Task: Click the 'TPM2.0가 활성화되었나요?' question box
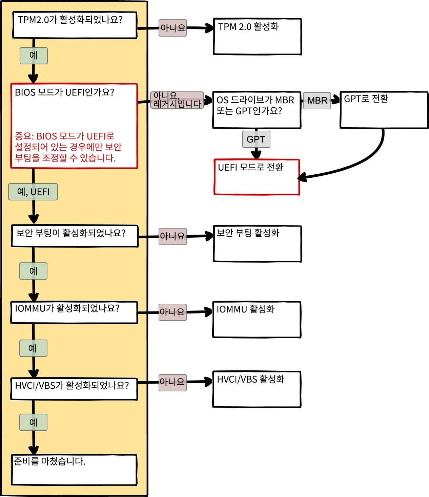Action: click(75, 25)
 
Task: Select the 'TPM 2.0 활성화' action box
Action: click(257, 37)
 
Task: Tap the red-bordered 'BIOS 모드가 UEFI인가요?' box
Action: click(74, 126)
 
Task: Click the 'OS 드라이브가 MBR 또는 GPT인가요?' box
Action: click(257, 110)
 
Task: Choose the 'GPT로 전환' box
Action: click(384, 110)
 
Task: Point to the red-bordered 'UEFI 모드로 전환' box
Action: click(257, 177)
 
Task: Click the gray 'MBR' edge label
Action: click(317, 101)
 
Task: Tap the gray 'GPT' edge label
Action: click(256, 139)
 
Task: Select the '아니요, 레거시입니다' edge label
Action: click(177, 100)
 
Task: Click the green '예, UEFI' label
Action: click(33, 192)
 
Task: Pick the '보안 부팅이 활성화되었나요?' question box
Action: click(75, 236)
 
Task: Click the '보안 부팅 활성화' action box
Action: click(257, 244)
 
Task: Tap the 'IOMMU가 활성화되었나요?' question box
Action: click(74, 312)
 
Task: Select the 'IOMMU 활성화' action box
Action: click(257, 319)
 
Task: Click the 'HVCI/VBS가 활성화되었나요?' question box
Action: click(74, 389)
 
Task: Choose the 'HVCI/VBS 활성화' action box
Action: click(257, 389)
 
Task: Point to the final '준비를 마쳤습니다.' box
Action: click(75, 470)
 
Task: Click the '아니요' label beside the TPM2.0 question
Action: click(173, 28)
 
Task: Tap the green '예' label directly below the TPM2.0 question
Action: click(34, 56)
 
